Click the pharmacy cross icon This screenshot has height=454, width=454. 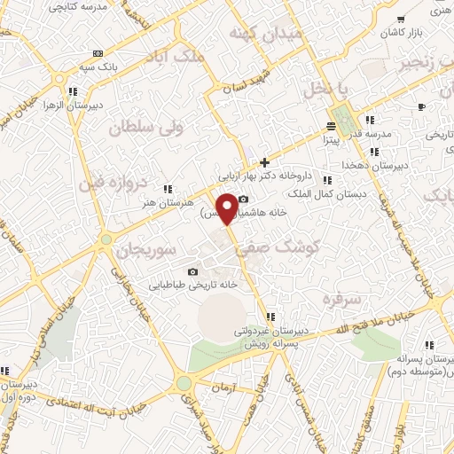[x=264, y=162]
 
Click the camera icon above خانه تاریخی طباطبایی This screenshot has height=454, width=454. [x=192, y=271]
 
